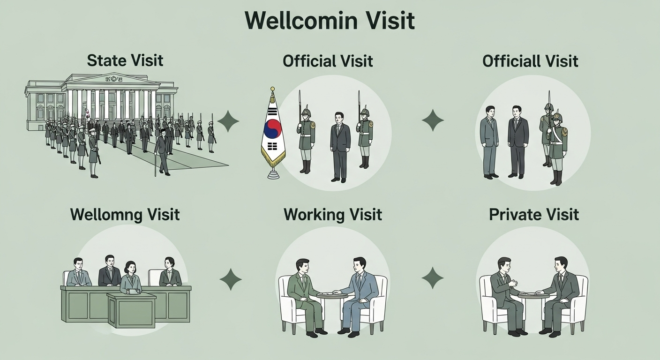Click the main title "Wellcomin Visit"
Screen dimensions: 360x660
330,21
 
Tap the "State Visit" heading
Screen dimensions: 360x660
125,60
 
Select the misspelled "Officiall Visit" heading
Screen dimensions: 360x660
530,61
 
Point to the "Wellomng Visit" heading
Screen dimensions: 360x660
125,215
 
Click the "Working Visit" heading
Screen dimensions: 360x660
333,215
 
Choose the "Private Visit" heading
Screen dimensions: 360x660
534,215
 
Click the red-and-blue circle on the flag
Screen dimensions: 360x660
272,128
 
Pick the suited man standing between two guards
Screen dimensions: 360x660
340,145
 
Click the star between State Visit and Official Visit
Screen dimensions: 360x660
228,121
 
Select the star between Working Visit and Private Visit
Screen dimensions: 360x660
432,277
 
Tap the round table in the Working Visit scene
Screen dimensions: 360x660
332,295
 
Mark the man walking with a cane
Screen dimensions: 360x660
162,150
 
